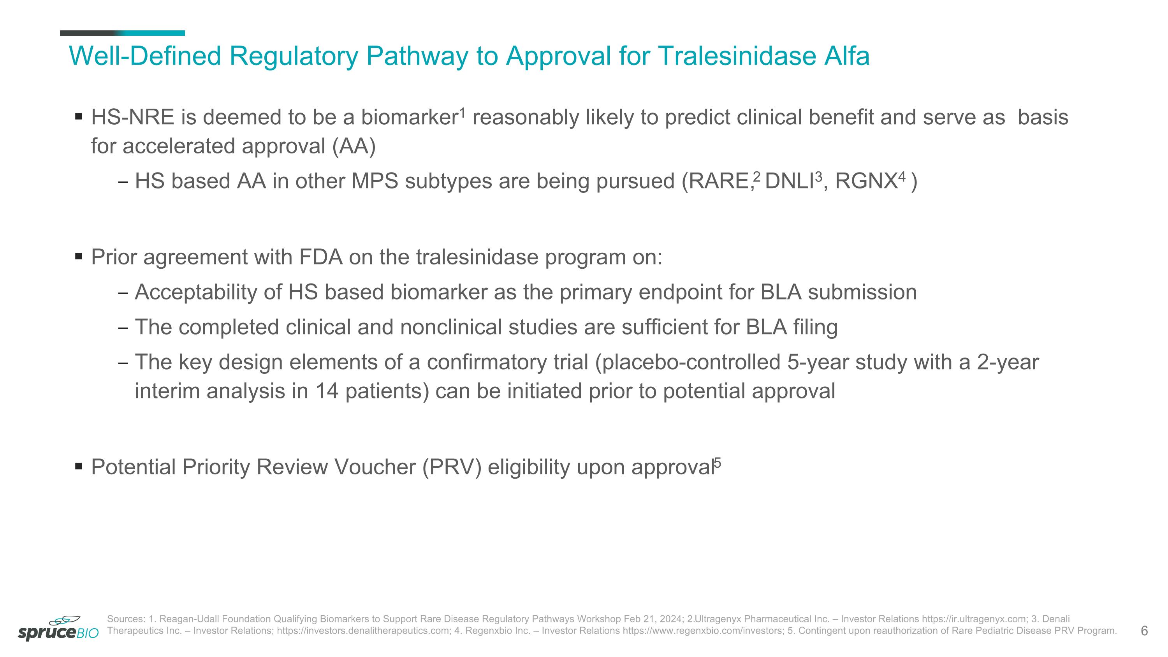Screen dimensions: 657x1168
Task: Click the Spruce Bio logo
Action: tap(58, 629)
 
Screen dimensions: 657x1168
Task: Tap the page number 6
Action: tap(1144, 631)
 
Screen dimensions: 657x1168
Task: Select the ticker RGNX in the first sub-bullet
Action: tap(865, 181)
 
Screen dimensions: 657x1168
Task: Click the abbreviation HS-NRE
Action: tap(132, 118)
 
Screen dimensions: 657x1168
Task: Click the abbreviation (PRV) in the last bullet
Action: tap(451, 467)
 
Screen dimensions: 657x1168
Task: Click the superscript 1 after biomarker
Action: tap(462, 112)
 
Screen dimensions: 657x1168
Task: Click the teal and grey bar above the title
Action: tap(122, 33)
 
